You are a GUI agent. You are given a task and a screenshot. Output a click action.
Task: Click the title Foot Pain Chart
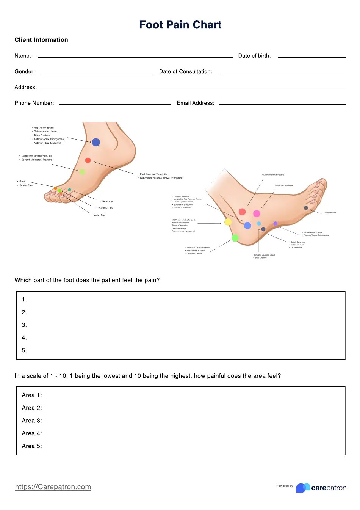[x=180, y=25]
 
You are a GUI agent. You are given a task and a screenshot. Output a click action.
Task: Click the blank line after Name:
[x=135, y=56]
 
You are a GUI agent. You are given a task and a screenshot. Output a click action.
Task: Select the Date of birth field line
[x=311, y=56]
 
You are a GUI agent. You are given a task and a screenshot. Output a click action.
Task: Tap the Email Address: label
[x=195, y=103]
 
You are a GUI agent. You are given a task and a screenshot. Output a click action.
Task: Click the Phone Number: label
[x=34, y=103]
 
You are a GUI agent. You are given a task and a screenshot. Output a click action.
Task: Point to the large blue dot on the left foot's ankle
[x=96, y=142]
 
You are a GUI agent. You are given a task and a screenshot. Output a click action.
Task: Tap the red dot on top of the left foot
[x=88, y=160]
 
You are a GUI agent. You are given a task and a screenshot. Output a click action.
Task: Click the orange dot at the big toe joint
[x=55, y=188]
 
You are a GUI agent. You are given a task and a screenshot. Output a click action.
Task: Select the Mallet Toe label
[x=99, y=215]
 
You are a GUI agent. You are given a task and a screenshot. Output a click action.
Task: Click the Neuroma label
[x=107, y=201]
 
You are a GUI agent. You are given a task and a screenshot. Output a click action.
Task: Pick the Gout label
[x=22, y=182]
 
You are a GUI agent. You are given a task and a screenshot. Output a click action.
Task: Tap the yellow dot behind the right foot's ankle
[x=228, y=222]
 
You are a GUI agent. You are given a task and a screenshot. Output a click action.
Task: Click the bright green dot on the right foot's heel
[x=235, y=238]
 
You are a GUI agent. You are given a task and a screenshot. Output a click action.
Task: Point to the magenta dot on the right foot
[x=257, y=213]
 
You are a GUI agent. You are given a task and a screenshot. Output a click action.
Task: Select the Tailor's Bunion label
[x=330, y=213]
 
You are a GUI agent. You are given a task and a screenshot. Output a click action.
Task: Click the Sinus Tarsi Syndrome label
[x=283, y=186]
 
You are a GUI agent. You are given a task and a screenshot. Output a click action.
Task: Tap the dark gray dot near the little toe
[x=306, y=208]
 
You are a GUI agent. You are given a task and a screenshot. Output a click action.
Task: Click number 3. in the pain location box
[x=24, y=325]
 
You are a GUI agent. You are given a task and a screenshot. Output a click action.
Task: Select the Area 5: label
[x=32, y=446]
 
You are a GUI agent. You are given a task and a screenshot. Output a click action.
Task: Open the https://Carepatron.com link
[x=53, y=487]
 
